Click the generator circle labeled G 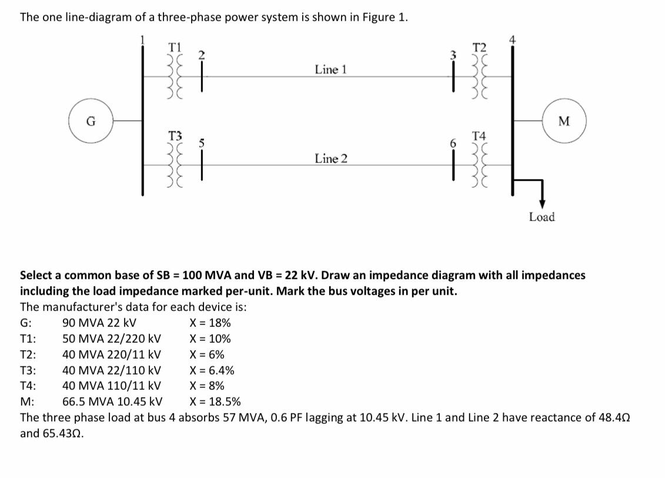(x=91, y=121)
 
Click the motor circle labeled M (x=564, y=122)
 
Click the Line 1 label (x=330, y=69)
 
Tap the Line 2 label (x=330, y=159)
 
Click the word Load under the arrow (x=541, y=217)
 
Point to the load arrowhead (x=541, y=203)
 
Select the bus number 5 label (x=200, y=143)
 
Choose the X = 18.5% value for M (x=215, y=402)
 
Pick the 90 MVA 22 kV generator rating (x=99, y=323)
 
